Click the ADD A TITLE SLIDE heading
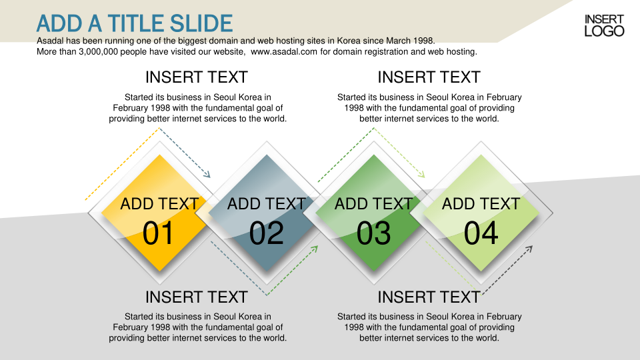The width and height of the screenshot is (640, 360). click(x=134, y=23)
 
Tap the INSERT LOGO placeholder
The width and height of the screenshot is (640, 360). click(x=604, y=25)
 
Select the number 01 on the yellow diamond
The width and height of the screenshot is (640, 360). click(x=159, y=233)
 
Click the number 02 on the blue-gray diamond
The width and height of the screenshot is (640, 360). click(x=266, y=233)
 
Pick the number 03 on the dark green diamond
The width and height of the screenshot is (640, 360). click(x=373, y=233)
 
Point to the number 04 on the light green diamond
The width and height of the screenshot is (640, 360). click(x=481, y=233)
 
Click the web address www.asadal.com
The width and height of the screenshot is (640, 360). click(x=284, y=52)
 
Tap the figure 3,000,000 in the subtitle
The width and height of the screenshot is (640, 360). click(x=99, y=52)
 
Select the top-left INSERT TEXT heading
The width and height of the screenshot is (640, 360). click(x=196, y=77)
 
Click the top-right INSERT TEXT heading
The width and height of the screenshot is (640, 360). click(x=429, y=77)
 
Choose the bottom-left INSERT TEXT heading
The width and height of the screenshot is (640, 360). click(x=196, y=297)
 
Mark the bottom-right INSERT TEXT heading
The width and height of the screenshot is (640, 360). click(x=429, y=297)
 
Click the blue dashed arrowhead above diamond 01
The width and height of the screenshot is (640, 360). click(x=207, y=174)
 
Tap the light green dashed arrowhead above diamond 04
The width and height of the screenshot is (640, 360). click(x=421, y=174)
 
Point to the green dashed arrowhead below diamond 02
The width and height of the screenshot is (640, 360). click(x=314, y=249)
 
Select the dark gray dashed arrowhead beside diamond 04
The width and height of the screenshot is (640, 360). click(x=529, y=249)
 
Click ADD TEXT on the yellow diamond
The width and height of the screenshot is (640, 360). click(x=159, y=204)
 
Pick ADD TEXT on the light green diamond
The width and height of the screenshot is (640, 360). click(x=481, y=204)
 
